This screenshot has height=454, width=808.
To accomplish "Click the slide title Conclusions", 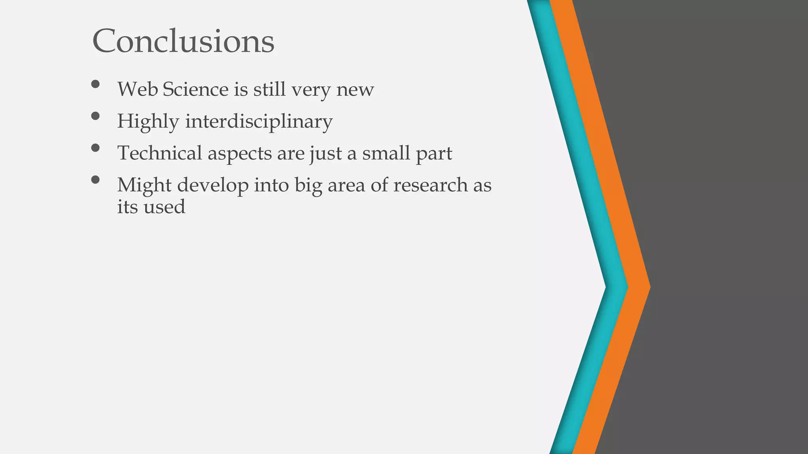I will click(x=183, y=41).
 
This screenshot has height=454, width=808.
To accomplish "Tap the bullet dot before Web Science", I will click(x=95, y=84).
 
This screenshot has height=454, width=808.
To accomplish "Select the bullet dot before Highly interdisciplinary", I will click(x=95, y=115).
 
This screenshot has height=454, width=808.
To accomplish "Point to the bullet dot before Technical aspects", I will click(x=95, y=147).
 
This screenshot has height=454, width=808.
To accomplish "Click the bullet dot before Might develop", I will click(x=95, y=179).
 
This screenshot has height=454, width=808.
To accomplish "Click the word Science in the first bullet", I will click(x=195, y=89).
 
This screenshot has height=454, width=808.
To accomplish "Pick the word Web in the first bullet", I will click(x=138, y=89).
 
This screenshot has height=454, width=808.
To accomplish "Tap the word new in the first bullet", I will click(x=355, y=90).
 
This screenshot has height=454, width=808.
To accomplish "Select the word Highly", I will click(x=148, y=121).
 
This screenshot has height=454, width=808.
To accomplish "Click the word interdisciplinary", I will click(x=259, y=121).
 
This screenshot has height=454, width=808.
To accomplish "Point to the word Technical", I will click(x=159, y=153).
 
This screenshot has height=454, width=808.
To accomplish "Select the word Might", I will click(x=144, y=186).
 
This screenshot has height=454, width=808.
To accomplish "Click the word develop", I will click(x=213, y=186).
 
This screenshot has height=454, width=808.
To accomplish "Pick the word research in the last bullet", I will click(x=430, y=185).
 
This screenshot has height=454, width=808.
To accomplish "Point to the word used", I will click(x=164, y=207).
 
